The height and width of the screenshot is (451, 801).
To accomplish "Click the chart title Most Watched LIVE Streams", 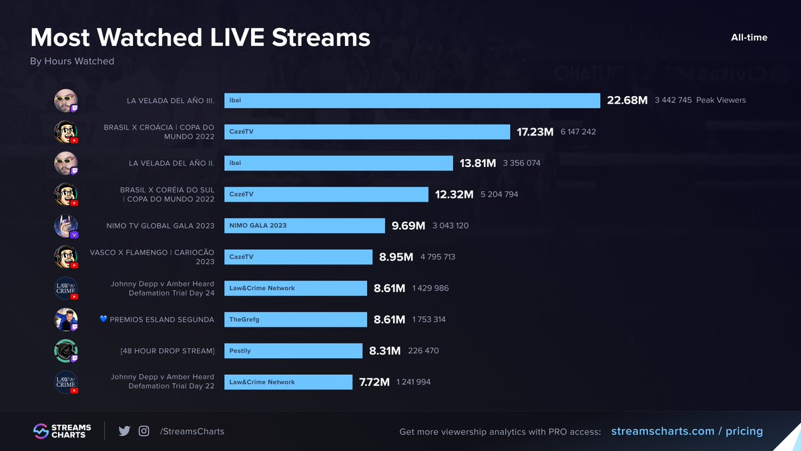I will [200, 37].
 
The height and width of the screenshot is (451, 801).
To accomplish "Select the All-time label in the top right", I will [749, 37].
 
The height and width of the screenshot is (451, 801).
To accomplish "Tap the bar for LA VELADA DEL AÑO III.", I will [412, 100].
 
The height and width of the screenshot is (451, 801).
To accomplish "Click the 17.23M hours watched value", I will [535, 132].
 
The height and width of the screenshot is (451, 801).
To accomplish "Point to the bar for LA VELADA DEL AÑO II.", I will [338, 163].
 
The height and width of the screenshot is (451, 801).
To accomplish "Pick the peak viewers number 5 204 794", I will [499, 194].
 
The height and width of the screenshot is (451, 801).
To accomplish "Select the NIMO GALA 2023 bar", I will [304, 226].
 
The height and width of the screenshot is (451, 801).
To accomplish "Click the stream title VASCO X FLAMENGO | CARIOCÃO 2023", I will [152, 257].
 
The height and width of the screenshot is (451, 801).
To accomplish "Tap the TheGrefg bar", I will [295, 319].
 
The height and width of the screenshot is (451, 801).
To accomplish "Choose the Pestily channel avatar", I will [65, 351].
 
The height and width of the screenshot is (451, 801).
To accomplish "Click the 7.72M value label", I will [374, 382].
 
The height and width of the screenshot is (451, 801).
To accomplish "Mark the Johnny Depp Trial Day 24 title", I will [162, 289].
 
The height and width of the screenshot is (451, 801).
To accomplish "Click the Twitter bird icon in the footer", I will [124, 432].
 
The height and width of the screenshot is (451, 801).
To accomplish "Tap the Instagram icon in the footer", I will [144, 432].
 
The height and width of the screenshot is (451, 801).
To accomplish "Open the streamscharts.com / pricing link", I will [687, 432].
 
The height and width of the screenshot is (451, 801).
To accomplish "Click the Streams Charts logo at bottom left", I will [62, 432].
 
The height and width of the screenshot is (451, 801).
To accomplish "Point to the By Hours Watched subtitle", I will [72, 61].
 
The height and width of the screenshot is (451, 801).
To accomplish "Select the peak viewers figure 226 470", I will [423, 351].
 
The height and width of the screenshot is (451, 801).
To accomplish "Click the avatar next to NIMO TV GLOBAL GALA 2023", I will [65, 226].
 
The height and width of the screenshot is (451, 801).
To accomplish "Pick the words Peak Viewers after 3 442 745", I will [721, 100].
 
